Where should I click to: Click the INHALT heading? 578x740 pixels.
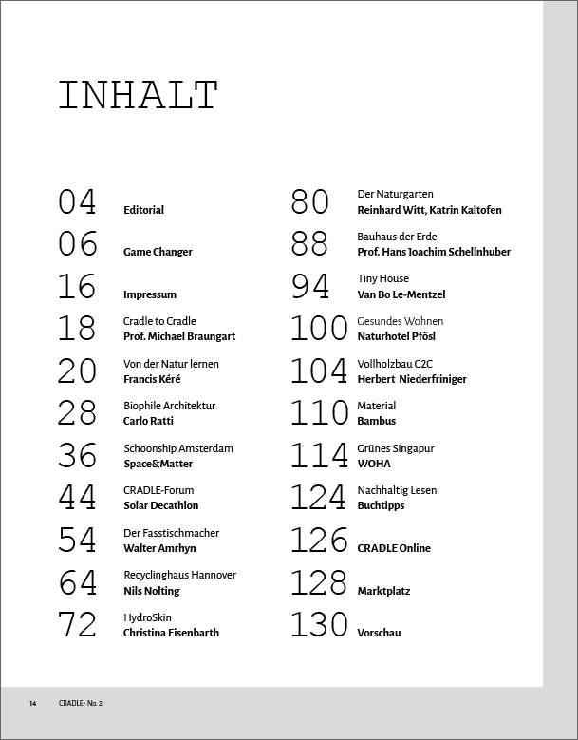(139, 96)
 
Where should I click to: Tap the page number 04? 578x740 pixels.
(78, 202)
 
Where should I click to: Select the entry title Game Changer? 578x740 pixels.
(158, 252)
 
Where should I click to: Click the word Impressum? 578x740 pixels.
(150, 294)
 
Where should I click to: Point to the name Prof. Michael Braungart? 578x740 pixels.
(179, 336)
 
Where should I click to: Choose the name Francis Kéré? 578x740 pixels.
(152, 379)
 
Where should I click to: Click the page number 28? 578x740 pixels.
(78, 413)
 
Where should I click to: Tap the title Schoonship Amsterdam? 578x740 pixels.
(177, 448)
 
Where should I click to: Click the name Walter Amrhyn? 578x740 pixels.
(158, 548)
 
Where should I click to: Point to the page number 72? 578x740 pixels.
(78, 625)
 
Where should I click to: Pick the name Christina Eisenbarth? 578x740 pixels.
(171, 633)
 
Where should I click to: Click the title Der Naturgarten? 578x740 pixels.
(395, 194)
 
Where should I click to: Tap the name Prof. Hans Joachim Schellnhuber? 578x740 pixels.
(434, 252)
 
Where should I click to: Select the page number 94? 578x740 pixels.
(310, 286)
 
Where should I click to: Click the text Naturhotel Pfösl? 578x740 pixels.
(397, 336)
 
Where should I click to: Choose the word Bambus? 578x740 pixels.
(377, 421)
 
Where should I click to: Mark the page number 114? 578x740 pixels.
(319, 456)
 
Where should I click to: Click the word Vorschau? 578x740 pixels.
(379, 633)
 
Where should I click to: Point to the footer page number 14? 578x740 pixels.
(32, 703)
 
